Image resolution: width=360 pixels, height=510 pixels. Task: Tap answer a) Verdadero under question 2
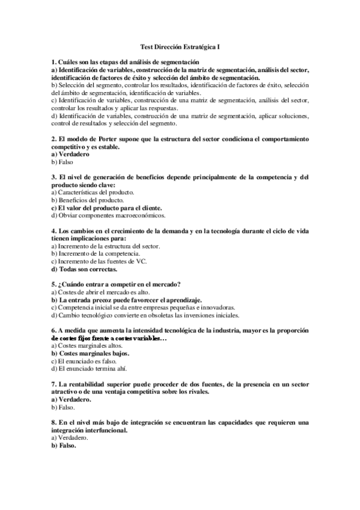(72, 155)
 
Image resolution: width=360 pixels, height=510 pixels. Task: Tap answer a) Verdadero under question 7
(72, 399)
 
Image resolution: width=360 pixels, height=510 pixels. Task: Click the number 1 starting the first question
(53, 62)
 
